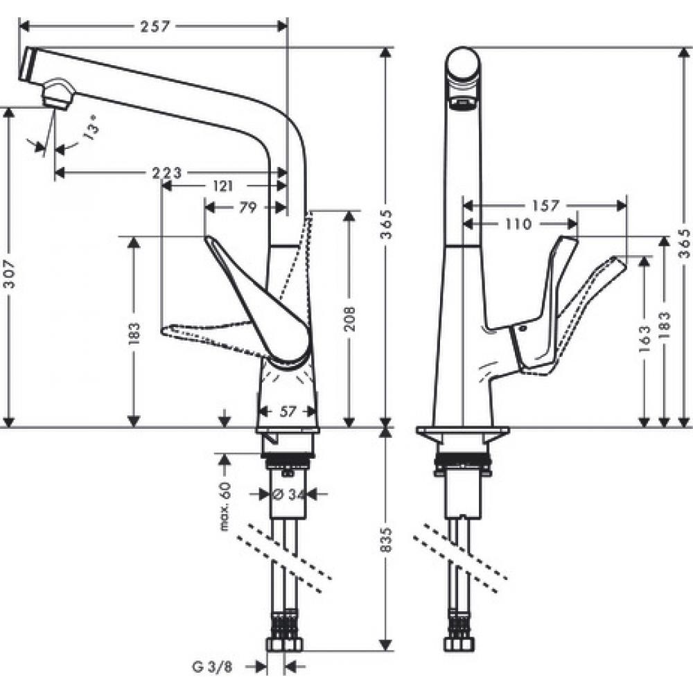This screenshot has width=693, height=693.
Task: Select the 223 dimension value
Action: (167, 172)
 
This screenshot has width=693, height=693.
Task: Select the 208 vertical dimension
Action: (350, 319)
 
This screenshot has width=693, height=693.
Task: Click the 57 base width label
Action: (287, 412)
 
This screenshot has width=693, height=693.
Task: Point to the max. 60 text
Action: (224, 508)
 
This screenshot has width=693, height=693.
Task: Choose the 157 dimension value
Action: (545, 205)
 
